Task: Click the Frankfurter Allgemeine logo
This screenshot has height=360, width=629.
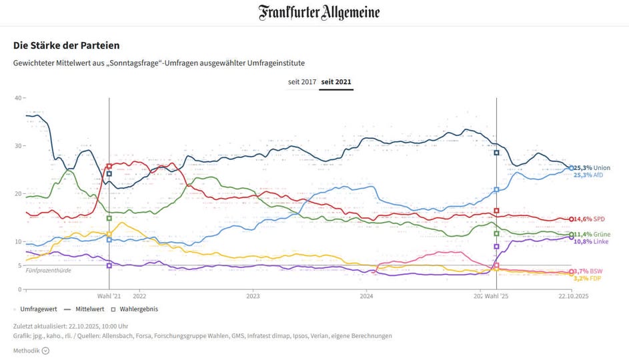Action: tap(319, 13)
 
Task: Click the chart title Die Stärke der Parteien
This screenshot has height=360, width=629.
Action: tap(66, 45)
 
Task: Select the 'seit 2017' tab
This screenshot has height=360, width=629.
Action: tap(301, 83)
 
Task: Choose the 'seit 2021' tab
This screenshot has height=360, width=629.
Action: tap(336, 83)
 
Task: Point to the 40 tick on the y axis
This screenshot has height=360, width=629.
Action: tap(19, 98)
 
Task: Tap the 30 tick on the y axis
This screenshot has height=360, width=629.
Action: tap(19, 146)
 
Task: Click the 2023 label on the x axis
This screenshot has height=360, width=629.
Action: tap(253, 296)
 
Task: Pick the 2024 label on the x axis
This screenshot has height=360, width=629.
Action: tap(366, 296)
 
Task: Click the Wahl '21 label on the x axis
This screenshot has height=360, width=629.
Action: tap(109, 296)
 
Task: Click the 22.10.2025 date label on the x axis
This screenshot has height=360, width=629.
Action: tap(573, 296)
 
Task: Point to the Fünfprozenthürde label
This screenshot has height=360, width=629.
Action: tap(48, 270)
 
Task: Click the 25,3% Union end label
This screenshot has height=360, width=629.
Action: tap(592, 167)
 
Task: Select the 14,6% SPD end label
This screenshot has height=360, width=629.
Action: tap(590, 219)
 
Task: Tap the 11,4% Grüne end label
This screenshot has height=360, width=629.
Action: tap(592, 235)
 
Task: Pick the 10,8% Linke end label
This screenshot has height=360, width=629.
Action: tap(591, 241)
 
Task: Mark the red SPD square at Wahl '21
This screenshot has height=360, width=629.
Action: tap(109, 166)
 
